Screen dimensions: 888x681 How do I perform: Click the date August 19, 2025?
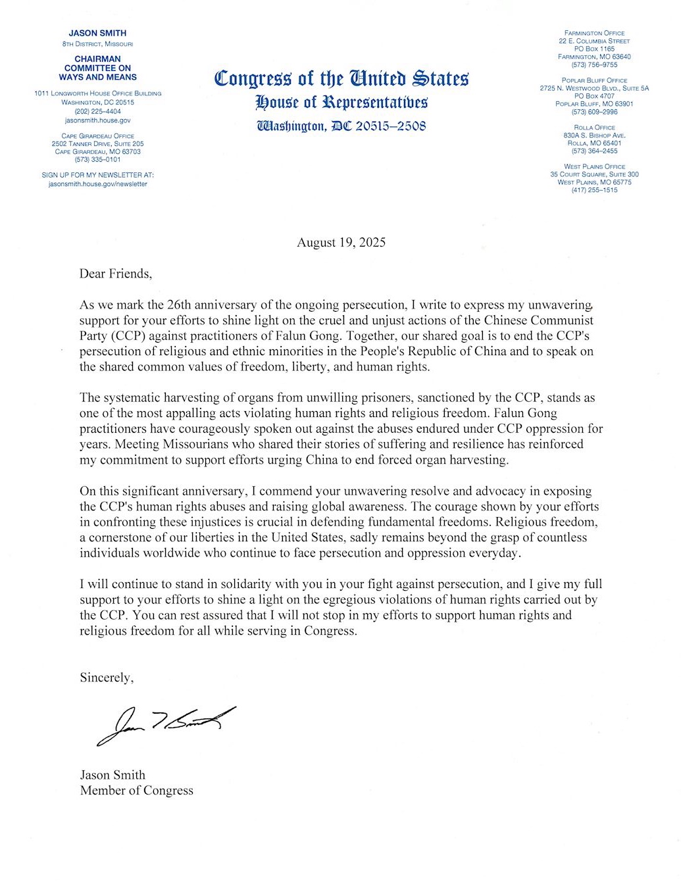(341, 242)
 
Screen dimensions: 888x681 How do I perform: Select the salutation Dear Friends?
(116, 274)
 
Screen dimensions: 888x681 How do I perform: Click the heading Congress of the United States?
(341, 79)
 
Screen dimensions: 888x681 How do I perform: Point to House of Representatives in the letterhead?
(341, 102)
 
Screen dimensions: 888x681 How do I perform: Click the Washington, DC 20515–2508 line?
(341, 125)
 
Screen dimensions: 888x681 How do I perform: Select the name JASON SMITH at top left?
(97, 33)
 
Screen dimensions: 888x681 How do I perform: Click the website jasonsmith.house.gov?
(97, 120)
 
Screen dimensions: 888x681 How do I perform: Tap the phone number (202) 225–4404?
(97, 112)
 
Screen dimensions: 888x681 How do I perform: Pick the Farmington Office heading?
(594, 33)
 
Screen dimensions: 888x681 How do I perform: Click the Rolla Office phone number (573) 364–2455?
(594, 151)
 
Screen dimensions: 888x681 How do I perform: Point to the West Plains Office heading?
(594, 167)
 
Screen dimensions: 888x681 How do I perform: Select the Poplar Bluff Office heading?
(594, 80)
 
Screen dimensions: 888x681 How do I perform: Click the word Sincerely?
(107, 678)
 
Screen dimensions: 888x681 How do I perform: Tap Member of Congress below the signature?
(137, 791)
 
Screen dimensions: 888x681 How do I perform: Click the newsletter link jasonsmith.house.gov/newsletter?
(97, 184)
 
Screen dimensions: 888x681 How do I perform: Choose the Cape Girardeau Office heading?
(97, 136)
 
